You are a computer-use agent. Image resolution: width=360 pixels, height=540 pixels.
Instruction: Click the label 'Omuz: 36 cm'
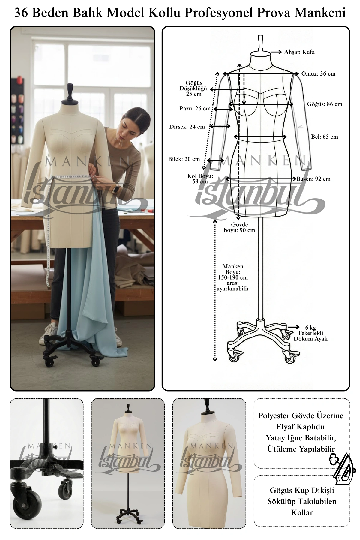[318, 74]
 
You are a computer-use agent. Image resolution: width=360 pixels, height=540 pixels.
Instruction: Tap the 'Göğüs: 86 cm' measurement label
[324, 104]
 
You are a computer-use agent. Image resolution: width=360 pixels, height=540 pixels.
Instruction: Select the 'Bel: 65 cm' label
[324, 137]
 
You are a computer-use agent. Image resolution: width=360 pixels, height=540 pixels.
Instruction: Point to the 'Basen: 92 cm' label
[313, 179]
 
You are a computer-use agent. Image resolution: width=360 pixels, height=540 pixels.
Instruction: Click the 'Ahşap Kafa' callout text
[299, 52]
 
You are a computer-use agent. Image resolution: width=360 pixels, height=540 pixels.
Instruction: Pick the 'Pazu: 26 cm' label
[195, 109]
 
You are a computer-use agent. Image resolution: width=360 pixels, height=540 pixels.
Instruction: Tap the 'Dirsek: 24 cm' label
[187, 127]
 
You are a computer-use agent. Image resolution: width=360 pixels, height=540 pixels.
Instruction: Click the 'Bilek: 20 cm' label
[184, 159]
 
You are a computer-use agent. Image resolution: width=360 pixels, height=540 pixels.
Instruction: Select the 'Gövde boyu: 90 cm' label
[239, 227]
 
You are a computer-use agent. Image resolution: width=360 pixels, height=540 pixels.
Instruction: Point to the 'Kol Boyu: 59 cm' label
[200, 179]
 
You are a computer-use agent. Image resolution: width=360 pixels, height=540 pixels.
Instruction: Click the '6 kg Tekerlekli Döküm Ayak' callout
[310, 333]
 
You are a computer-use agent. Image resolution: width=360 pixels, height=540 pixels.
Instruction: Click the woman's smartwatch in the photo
[116, 190]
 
